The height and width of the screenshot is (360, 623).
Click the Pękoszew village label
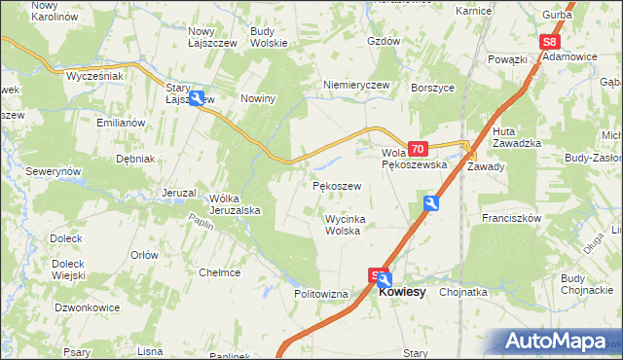click(338, 185)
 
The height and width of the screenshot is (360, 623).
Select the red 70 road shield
click(418, 149)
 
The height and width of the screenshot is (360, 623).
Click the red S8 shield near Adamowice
click(550, 42)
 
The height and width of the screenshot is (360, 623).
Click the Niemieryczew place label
click(356, 85)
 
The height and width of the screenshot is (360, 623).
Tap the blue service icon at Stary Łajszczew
click(198, 98)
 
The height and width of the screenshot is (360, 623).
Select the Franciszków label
click(510, 219)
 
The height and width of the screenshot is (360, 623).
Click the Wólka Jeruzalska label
click(233, 204)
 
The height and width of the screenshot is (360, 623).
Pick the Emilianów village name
click(121, 123)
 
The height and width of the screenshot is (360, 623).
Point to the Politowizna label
click(321, 293)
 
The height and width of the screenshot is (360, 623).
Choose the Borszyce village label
click(434, 87)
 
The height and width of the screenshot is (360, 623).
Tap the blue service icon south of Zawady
click(430, 202)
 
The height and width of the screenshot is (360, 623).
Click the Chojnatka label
click(463, 291)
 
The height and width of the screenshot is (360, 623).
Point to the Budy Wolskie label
click(268, 37)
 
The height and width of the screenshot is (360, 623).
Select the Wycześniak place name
click(94, 75)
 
